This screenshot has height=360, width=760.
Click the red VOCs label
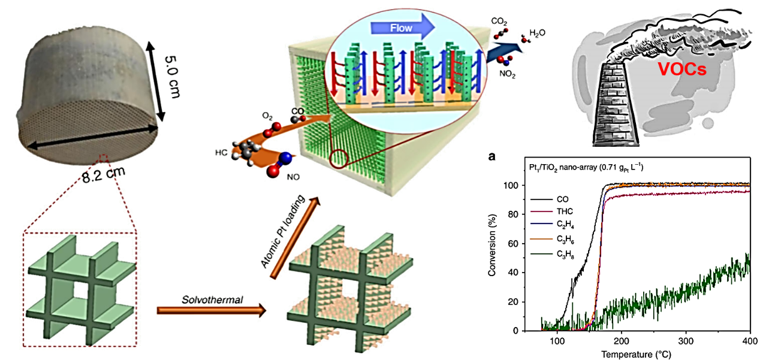[x=683, y=69]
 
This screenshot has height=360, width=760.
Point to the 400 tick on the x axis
[x=749, y=340]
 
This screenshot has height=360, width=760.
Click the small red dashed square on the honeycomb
[x=104, y=158]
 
